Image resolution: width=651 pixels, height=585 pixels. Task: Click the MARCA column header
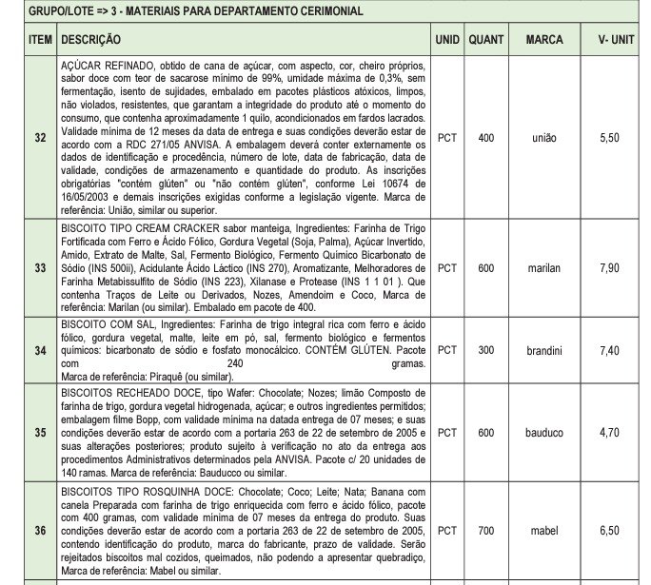pyautogui.click(x=543, y=41)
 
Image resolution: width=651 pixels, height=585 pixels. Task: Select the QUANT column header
pyautogui.click(x=486, y=41)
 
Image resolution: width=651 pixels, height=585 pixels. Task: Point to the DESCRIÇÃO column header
pyautogui.click(x=89, y=41)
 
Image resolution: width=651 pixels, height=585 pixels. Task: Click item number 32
pyautogui.click(x=40, y=138)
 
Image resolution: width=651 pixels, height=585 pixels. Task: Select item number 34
pyautogui.click(x=40, y=350)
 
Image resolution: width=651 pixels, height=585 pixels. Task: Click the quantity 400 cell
pyautogui.click(x=486, y=138)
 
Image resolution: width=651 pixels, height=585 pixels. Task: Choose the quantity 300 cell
pyautogui.click(x=486, y=350)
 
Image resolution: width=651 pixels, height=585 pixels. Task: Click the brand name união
pyautogui.click(x=544, y=138)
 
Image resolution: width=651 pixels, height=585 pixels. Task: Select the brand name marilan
pyautogui.click(x=544, y=268)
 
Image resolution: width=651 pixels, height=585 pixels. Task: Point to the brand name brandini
pyautogui.click(x=544, y=350)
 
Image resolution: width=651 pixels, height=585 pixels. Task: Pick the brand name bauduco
pyautogui.click(x=544, y=433)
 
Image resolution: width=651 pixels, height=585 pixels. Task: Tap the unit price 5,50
pyautogui.click(x=610, y=138)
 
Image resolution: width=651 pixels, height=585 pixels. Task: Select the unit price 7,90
pyautogui.click(x=610, y=268)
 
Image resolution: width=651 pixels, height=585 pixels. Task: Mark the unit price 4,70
pyautogui.click(x=610, y=433)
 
